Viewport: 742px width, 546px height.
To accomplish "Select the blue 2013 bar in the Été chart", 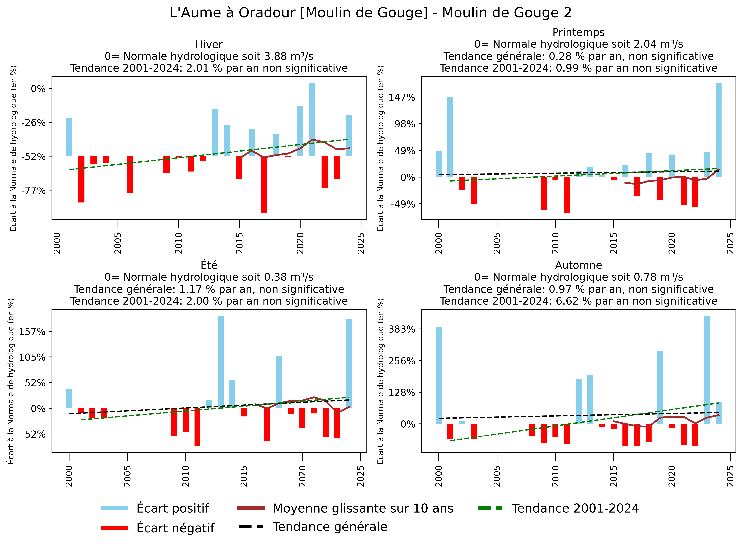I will pos(220,362).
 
